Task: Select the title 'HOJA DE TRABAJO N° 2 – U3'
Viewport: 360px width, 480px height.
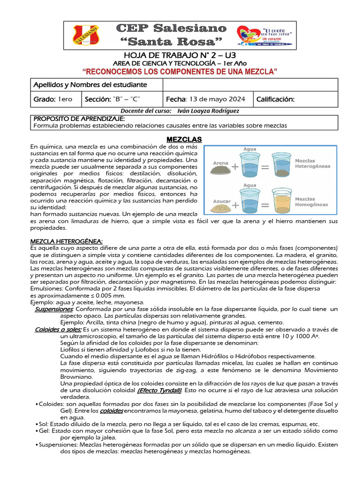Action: point(180,56)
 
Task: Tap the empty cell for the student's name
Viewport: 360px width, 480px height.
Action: point(249,85)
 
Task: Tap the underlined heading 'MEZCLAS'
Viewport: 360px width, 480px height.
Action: point(184,139)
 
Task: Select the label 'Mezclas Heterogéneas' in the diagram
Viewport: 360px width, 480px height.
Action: point(312,163)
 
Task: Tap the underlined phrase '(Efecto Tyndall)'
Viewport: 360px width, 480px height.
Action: point(159,390)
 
